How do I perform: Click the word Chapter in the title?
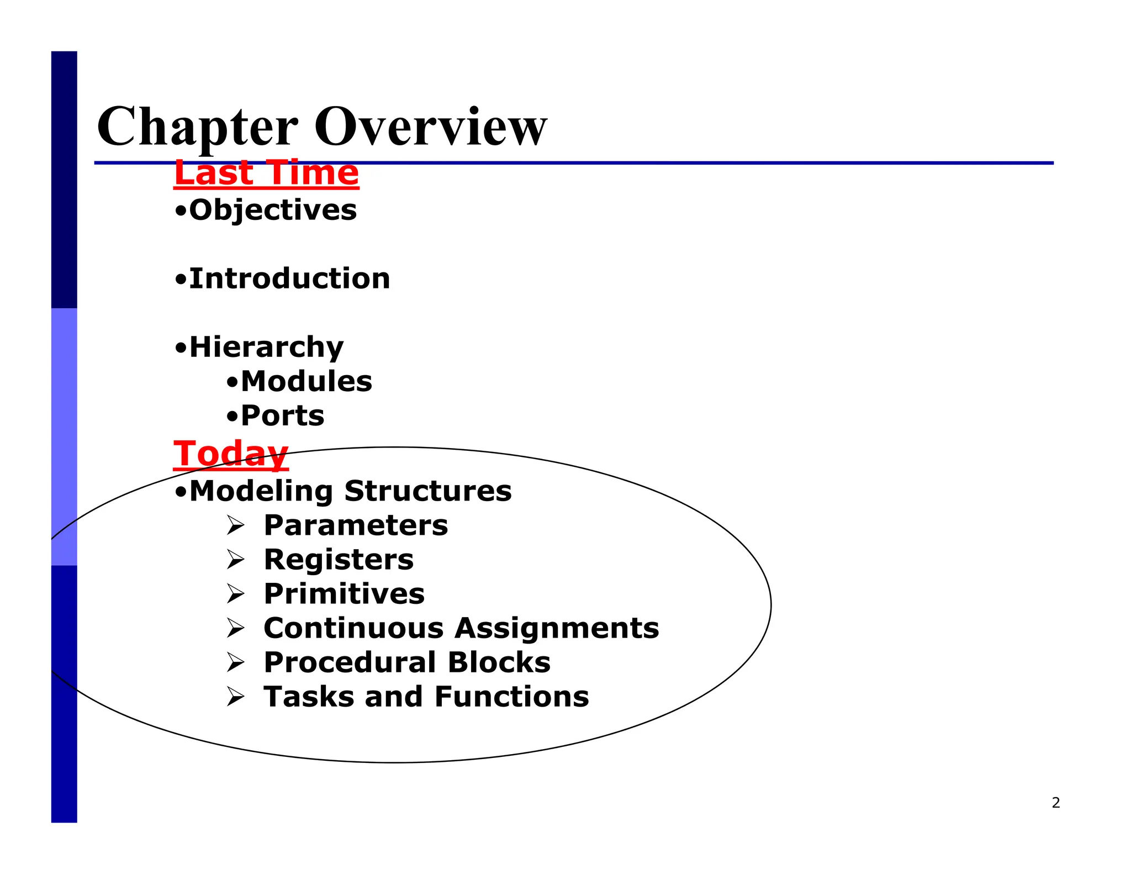pyautogui.click(x=197, y=127)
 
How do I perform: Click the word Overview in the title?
pyautogui.click(x=430, y=127)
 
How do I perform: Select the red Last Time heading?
pyautogui.click(x=266, y=173)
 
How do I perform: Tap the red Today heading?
pyautogui.click(x=230, y=454)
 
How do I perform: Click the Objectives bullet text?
pyautogui.click(x=273, y=210)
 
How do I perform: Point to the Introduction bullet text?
pyautogui.click(x=289, y=278)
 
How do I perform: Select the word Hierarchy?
pyautogui.click(x=266, y=348)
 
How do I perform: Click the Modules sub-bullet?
pyautogui.click(x=306, y=382)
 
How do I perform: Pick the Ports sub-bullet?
pyautogui.click(x=282, y=416)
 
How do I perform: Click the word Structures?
pyautogui.click(x=428, y=491)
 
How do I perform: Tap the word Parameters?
pyautogui.click(x=356, y=525)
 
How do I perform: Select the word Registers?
pyautogui.click(x=339, y=560)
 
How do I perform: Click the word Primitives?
pyautogui.click(x=344, y=594)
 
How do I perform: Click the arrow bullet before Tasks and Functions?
pyautogui.click(x=235, y=697)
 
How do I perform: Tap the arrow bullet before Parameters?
pyautogui.click(x=235, y=525)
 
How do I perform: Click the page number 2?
pyautogui.click(x=1055, y=803)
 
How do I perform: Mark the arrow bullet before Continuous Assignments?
pyautogui.click(x=235, y=628)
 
